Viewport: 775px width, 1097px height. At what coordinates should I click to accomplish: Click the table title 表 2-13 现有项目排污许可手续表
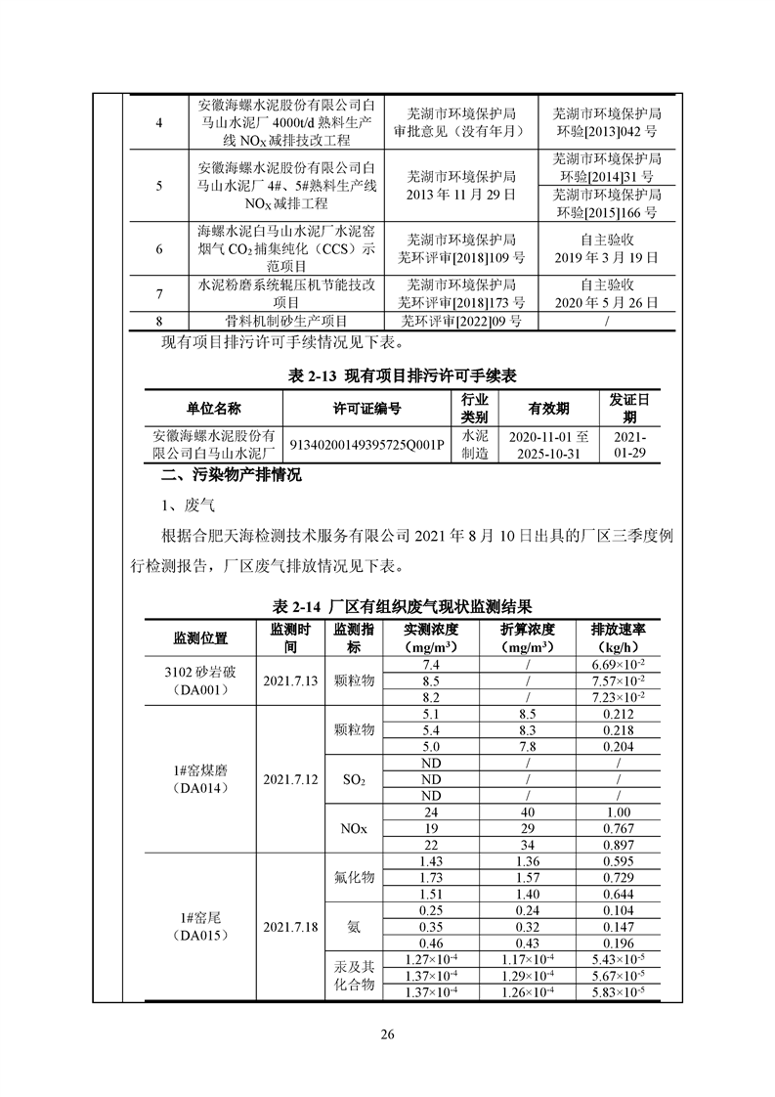click(x=388, y=377)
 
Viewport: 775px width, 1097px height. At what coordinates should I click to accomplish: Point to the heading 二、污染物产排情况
click(x=232, y=476)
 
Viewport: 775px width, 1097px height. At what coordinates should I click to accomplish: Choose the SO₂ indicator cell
click(x=354, y=780)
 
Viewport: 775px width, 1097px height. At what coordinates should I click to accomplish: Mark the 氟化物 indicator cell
click(x=354, y=878)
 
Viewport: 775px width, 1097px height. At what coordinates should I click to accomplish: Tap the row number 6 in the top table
click(x=159, y=248)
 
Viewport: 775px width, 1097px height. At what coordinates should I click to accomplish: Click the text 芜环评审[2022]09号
click(x=461, y=321)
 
